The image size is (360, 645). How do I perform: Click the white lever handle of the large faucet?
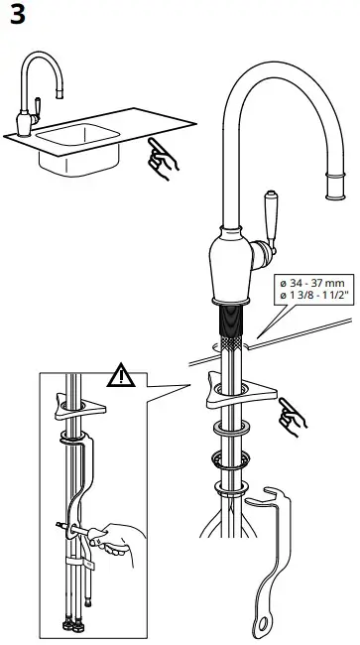[x=269, y=219]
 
